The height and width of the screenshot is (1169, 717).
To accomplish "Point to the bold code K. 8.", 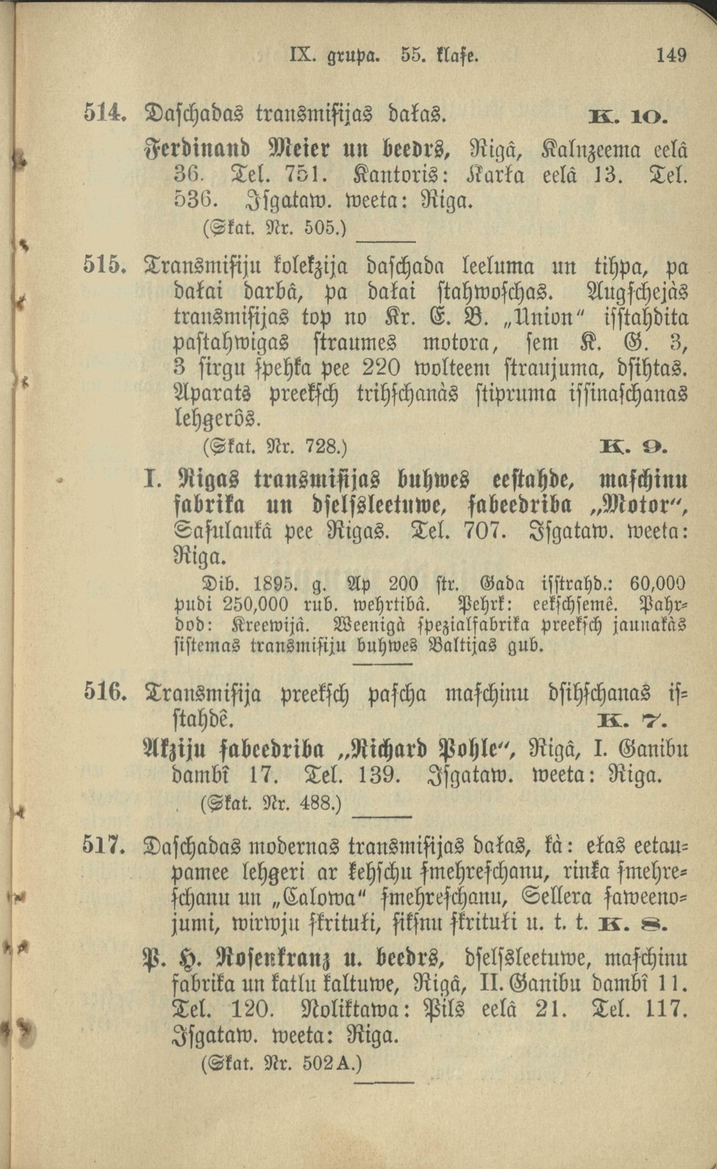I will (634, 925).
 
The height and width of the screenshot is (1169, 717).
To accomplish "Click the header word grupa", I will (352, 56).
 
